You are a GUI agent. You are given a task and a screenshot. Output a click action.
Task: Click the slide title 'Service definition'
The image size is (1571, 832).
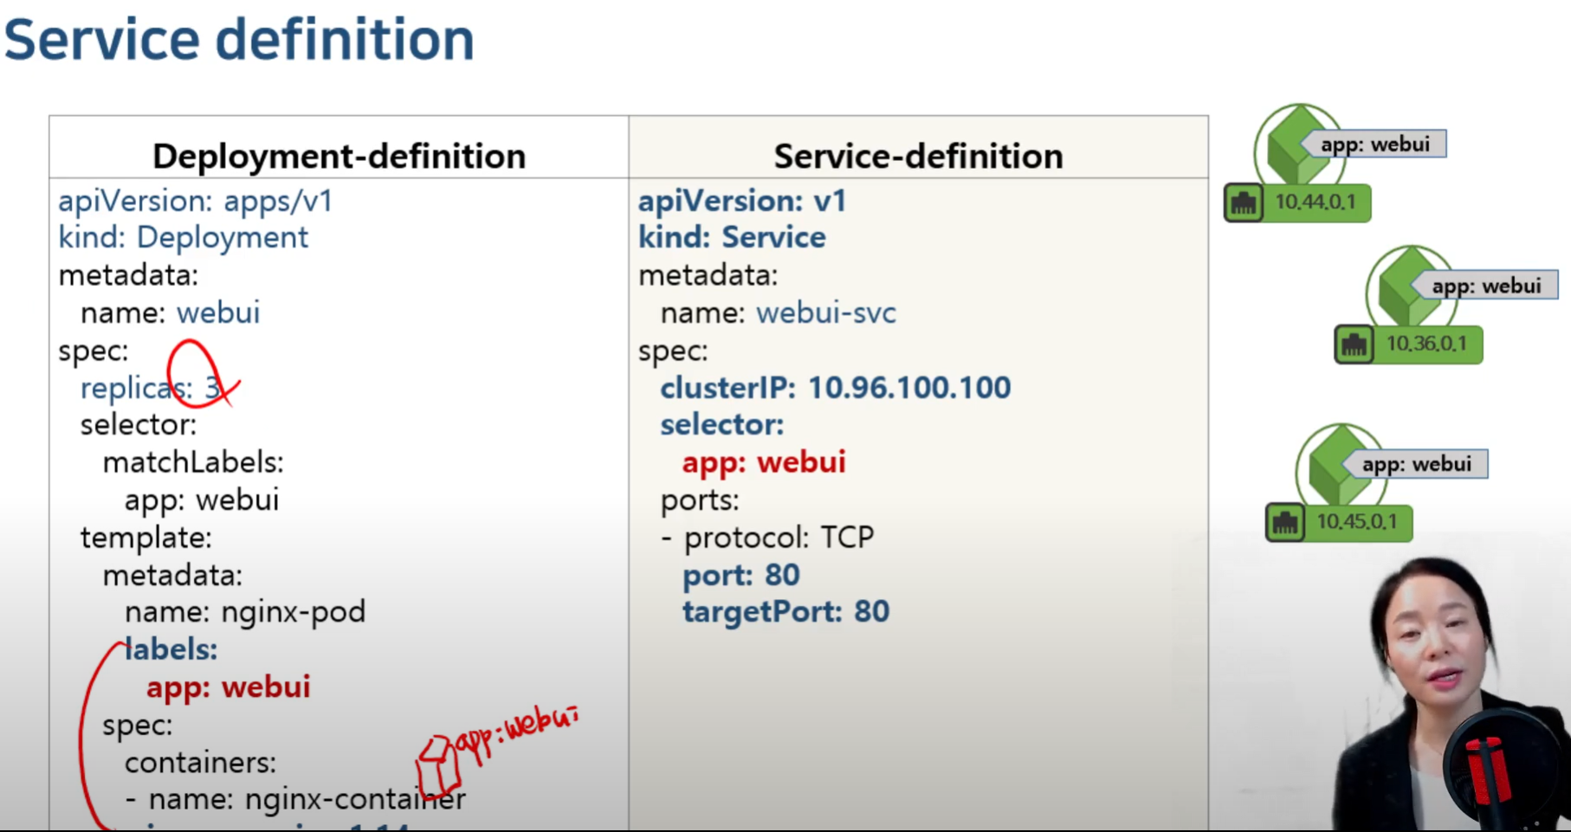[x=239, y=40]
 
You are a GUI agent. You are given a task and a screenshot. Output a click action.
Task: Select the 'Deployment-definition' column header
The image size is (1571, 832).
[x=339, y=156]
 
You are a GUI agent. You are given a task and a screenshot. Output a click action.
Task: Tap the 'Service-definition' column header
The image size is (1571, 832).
[x=918, y=156]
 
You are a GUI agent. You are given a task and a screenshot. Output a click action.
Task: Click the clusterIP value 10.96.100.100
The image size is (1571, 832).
[x=908, y=387]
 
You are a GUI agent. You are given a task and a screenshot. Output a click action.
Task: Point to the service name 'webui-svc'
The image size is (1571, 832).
[x=825, y=313]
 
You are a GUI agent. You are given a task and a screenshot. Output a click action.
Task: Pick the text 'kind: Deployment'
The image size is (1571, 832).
[x=183, y=237]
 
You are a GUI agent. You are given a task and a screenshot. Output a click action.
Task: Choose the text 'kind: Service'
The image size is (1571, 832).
[x=732, y=237]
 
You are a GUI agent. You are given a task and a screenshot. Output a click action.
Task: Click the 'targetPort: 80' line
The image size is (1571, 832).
[x=785, y=611]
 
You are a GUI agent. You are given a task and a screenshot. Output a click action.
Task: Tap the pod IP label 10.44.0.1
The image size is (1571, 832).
[x=1314, y=203]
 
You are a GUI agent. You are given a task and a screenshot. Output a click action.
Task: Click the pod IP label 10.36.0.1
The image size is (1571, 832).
[x=1426, y=344]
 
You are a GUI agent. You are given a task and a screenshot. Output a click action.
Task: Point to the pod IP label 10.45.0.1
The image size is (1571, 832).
[x=1356, y=522]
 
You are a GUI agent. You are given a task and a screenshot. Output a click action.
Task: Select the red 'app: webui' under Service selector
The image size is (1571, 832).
[x=763, y=462]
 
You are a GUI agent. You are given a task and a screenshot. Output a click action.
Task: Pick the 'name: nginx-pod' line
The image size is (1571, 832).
[x=244, y=612]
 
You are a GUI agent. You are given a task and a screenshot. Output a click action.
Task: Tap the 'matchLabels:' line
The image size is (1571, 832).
[x=193, y=462]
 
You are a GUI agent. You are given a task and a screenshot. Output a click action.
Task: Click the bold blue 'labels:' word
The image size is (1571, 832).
[x=171, y=649]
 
